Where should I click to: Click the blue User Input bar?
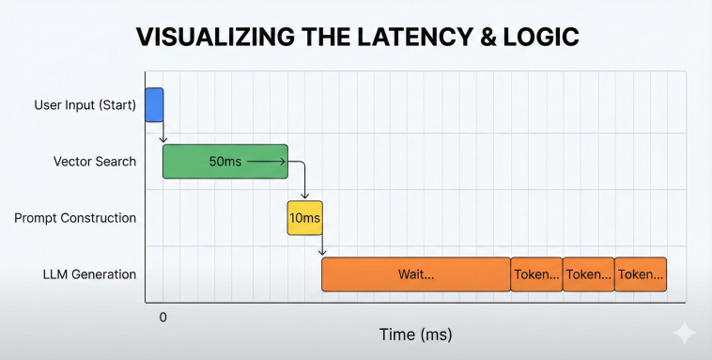(154, 104)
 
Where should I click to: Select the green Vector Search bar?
(224, 162)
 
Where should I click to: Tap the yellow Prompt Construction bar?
(304, 217)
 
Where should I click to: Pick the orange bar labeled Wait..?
(416, 274)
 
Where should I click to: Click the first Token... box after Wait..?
(536, 274)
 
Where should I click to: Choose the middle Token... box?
(588, 274)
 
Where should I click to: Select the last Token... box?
(641, 274)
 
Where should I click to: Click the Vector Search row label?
(95, 162)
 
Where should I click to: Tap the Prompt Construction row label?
(75, 218)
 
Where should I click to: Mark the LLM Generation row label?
(89, 274)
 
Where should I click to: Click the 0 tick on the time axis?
(163, 318)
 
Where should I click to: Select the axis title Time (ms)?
(416, 335)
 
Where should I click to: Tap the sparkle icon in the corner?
(685, 332)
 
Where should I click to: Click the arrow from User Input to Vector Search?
(163, 133)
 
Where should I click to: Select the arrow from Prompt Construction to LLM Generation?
(322, 245)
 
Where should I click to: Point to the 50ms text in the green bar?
(224, 162)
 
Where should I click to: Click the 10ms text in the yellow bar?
(304, 218)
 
